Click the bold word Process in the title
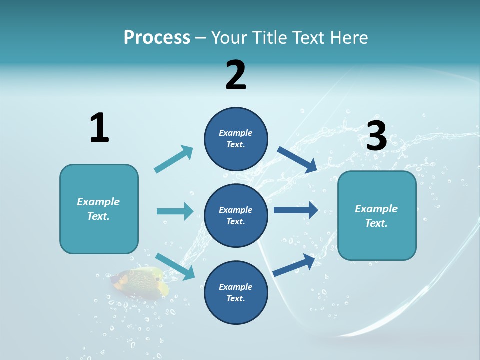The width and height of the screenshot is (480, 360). pyautogui.click(x=157, y=37)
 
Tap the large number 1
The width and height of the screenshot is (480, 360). pyautogui.click(x=99, y=128)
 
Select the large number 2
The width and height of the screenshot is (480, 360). pyautogui.click(x=236, y=75)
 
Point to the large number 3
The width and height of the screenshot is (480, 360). pyautogui.click(x=377, y=136)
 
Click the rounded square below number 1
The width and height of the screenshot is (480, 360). pyautogui.click(x=99, y=209)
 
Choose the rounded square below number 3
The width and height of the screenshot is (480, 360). pyautogui.click(x=377, y=215)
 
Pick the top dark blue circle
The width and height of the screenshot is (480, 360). pyautogui.click(x=236, y=139)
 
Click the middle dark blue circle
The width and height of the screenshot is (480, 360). pyautogui.click(x=236, y=215)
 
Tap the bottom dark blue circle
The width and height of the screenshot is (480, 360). pyautogui.click(x=236, y=292)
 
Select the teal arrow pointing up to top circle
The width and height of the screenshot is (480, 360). pyautogui.click(x=174, y=159)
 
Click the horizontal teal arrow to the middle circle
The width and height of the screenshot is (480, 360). pyautogui.click(x=175, y=211)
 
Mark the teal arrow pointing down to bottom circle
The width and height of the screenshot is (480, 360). pyautogui.click(x=175, y=266)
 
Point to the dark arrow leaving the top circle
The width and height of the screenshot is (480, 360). pyautogui.click(x=297, y=159)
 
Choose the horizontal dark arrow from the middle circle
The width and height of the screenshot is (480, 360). pyautogui.click(x=296, y=210)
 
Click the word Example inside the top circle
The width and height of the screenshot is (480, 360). pyautogui.click(x=236, y=133)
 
